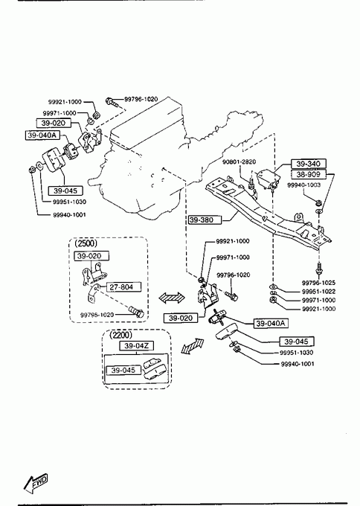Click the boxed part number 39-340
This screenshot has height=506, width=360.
pyautogui.click(x=309, y=164)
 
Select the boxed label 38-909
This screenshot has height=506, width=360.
pyautogui.click(x=309, y=174)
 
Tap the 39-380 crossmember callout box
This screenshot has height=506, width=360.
pyautogui.click(x=205, y=220)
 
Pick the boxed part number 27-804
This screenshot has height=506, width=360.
pyautogui.click(x=121, y=287)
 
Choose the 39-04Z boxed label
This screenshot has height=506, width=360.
pyautogui.click(x=136, y=345)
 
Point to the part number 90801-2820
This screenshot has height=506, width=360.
pyautogui.click(x=239, y=161)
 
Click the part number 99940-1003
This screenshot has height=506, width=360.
pyautogui.click(x=304, y=185)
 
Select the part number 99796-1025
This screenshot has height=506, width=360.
pyautogui.click(x=318, y=283)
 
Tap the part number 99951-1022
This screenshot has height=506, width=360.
pyautogui.click(x=318, y=292)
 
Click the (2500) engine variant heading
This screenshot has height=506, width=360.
pyautogui.click(x=86, y=243)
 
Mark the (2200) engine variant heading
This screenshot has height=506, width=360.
pyautogui.click(x=120, y=335)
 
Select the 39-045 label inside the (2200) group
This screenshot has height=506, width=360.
pyautogui.click(x=123, y=370)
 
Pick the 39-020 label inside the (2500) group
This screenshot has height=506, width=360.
pyautogui.click(x=91, y=256)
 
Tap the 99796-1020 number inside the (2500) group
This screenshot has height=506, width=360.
pyautogui.click(x=97, y=315)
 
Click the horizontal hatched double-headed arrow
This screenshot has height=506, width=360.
pyautogui.click(x=172, y=298)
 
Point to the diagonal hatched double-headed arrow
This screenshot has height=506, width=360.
pyautogui.click(x=193, y=347)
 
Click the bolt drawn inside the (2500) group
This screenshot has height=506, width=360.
pyautogui.click(x=136, y=312)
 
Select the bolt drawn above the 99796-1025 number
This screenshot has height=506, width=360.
pyautogui.click(x=318, y=269)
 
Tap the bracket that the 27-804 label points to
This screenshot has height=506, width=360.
pyautogui.click(x=92, y=294)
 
